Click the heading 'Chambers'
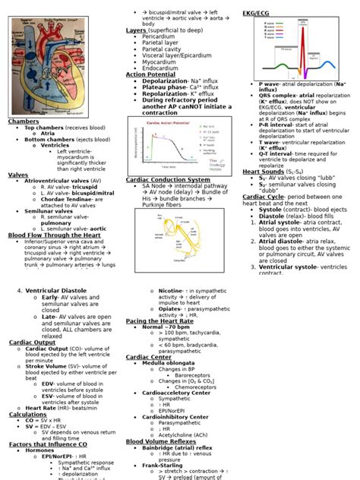tap(23, 122)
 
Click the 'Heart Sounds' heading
tap(263, 172)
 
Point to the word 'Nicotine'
tap(172, 290)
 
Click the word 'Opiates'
tap(170, 309)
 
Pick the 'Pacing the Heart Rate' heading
tap(159, 321)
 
